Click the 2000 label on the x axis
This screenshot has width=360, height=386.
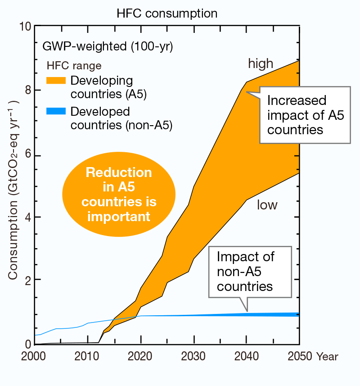[x=34, y=356]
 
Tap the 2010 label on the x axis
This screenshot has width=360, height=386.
[x=87, y=356]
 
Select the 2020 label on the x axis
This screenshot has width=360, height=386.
[x=141, y=356]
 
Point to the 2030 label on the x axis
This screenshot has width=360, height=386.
[x=193, y=356]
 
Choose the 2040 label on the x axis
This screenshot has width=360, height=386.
[x=247, y=356]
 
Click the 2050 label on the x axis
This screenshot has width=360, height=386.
[x=299, y=356]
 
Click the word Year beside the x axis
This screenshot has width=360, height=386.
[x=327, y=357]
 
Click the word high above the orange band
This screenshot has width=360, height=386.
[x=261, y=64]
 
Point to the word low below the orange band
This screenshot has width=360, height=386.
[x=267, y=205]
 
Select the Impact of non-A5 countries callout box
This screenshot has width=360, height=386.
[x=250, y=272]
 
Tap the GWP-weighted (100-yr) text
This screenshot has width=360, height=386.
[x=101, y=46]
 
